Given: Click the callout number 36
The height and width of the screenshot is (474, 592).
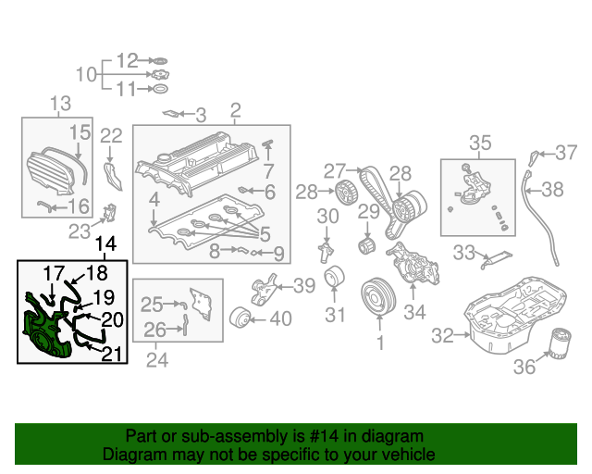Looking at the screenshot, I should [524, 368].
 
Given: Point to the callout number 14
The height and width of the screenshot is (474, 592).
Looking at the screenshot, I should [106, 244].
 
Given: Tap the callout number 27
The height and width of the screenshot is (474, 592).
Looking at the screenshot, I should [334, 170].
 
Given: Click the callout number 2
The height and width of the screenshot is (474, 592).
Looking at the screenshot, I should [235, 111].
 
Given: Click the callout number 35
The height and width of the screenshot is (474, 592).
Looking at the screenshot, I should [480, 143].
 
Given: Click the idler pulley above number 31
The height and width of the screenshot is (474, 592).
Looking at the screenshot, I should [335, 279].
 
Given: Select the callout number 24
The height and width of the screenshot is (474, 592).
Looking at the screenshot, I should [157, 359].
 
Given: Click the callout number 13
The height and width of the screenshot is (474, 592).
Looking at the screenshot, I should [60, 104].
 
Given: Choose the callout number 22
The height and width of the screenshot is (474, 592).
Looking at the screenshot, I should [111, 137].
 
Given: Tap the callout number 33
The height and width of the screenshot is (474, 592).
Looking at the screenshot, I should [463, 251].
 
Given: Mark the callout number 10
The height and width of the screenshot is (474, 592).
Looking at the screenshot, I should [85, 74].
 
